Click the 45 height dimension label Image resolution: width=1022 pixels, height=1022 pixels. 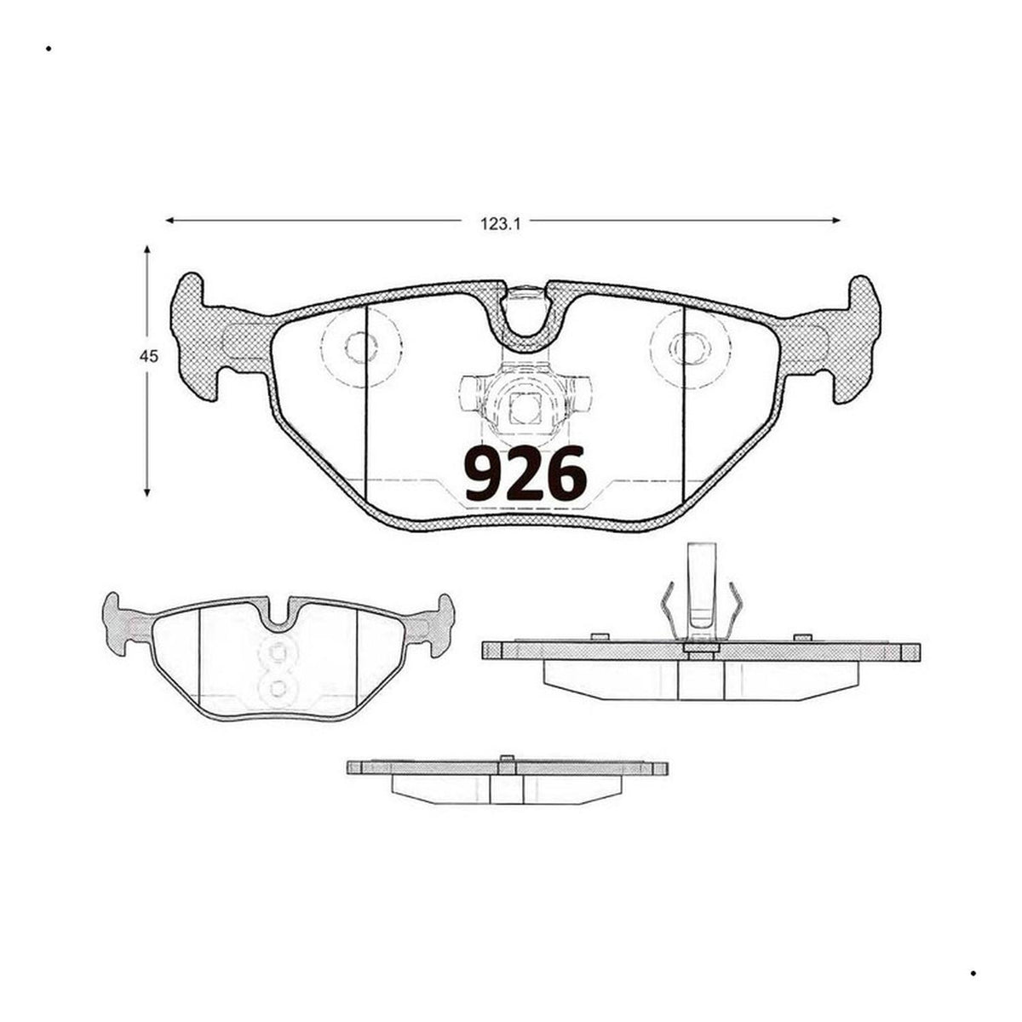[x=149, y=357]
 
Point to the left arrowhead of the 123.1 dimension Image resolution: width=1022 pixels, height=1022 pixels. [x=169, y=220]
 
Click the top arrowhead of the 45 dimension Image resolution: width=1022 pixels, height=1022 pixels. [x=147, y=250]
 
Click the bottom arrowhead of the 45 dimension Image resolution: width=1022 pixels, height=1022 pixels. [x=147, y=493]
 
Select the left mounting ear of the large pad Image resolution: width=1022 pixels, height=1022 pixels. [x=195, y=337]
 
